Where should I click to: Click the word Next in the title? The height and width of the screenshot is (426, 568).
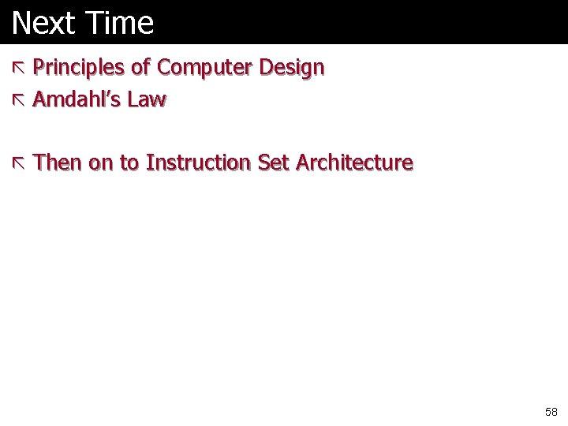pyautogui.click(x=43, y=23)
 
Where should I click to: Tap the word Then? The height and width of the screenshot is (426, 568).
pyautogui.click(x=58, y=163)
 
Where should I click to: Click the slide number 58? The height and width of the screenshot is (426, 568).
pyautogui.click(x=551, y=412)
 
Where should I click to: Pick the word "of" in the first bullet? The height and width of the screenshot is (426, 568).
pyautogui.click(x=140, y=68)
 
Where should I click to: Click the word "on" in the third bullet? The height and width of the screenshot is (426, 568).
pyautogui.click(x=101, y=163)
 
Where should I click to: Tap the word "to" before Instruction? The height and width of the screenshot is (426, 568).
pyautogui.click(x=129, y=163)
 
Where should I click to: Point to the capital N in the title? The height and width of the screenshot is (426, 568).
pyautogui.click(x=21, y=23)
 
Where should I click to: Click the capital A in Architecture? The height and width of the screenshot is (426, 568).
pyautogui.click(x=303, y=163)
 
